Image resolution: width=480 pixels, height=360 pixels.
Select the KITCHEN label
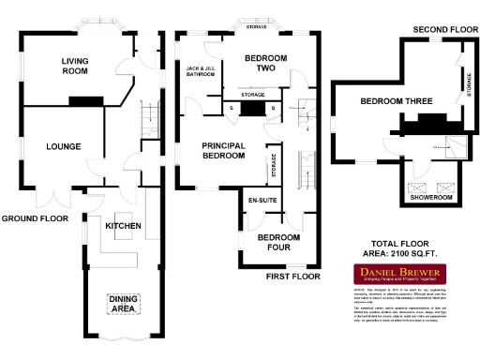123,227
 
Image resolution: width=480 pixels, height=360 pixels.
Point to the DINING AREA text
124,304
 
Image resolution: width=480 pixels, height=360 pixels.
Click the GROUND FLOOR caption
35,218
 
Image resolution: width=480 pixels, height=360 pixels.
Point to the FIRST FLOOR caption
292,277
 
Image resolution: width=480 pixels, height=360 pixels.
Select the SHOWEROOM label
431,198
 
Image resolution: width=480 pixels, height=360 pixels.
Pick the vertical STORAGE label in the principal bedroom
274,166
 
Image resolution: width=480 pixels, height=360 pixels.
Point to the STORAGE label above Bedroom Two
256,27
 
